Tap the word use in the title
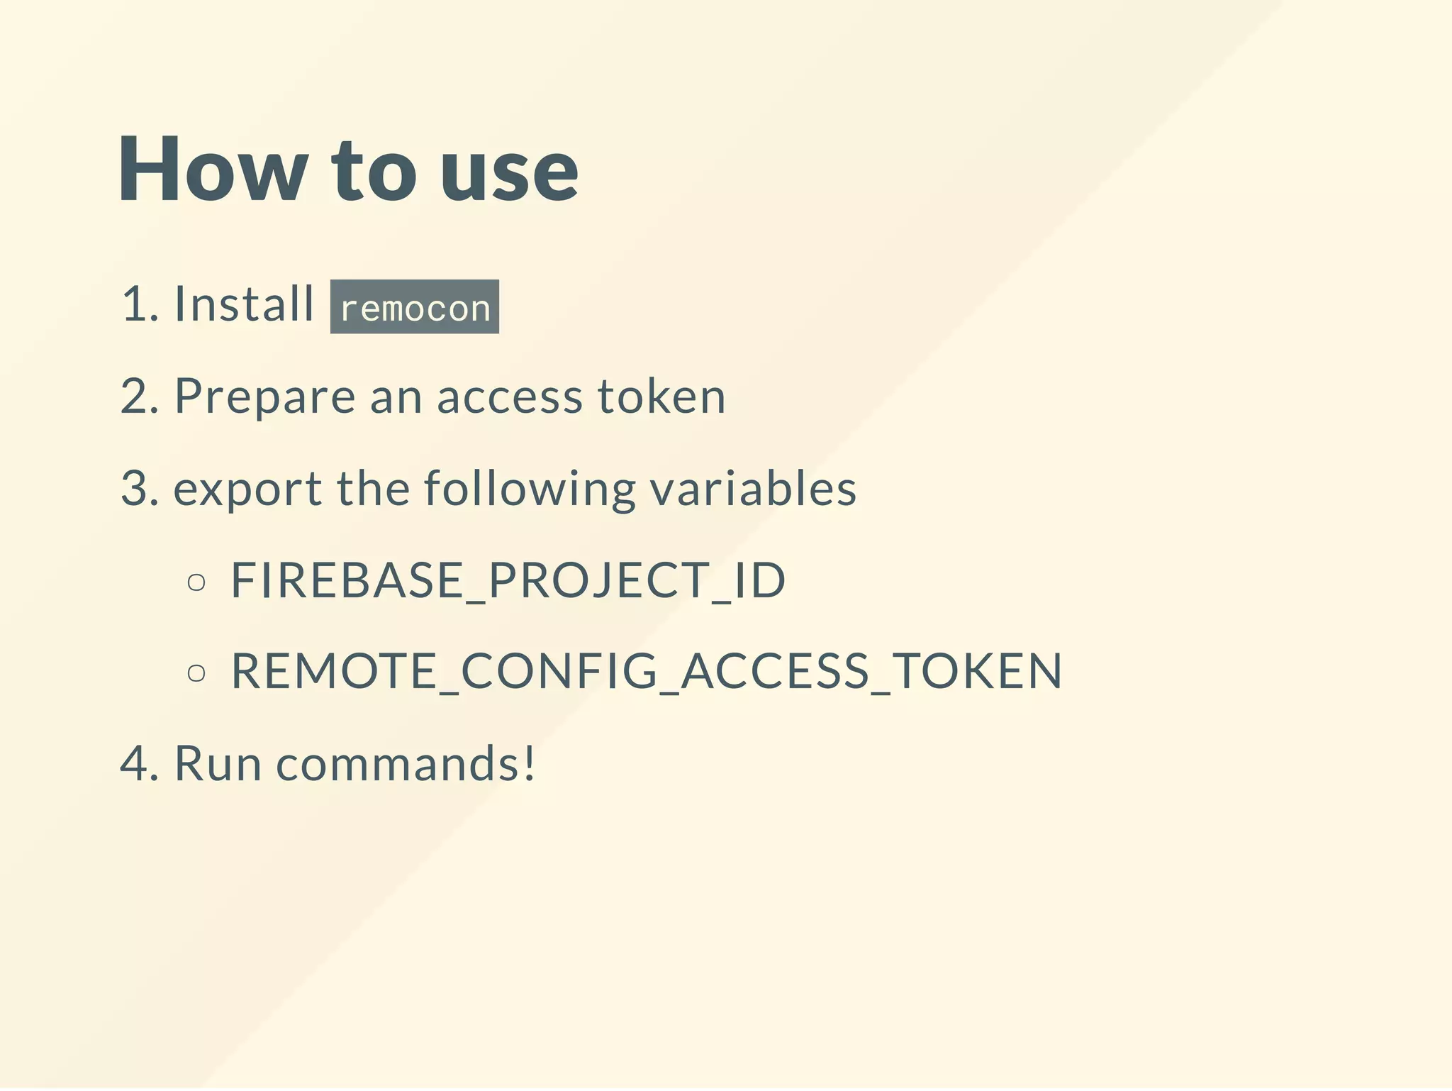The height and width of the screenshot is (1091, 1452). (x=509, y=174)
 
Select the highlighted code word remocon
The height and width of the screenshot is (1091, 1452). (x=415, y=307)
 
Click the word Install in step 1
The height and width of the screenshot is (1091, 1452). (x=244, y=304)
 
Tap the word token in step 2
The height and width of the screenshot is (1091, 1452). (x=661, y=397)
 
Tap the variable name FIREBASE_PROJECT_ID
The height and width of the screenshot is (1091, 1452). (x=508, y=581)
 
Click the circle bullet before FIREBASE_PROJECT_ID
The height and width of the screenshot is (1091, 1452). (x=196, y=583)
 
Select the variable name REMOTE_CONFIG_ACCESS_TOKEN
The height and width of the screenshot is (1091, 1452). (x=646, y=671)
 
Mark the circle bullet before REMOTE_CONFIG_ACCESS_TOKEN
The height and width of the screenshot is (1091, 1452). (x=196, y=672)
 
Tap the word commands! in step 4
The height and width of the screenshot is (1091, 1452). (x=406, y=764)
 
